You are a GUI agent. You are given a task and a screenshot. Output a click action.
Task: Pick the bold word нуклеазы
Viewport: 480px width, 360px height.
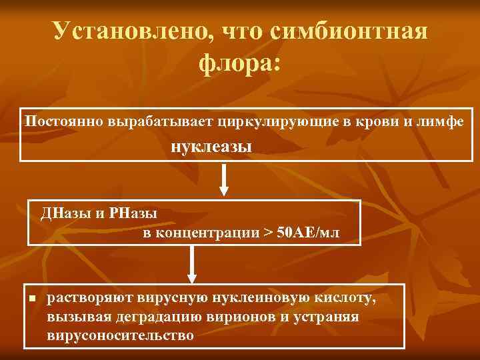point(212,147)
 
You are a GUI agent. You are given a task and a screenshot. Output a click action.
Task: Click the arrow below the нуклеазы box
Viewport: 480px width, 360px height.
point(225,180)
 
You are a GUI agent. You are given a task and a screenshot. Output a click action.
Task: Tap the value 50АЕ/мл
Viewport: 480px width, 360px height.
point(307,233)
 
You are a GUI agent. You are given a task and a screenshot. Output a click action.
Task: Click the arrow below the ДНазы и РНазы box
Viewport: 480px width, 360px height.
point(191,263)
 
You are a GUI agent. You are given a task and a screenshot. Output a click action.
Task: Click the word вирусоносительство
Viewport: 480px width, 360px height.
point(121,335)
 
